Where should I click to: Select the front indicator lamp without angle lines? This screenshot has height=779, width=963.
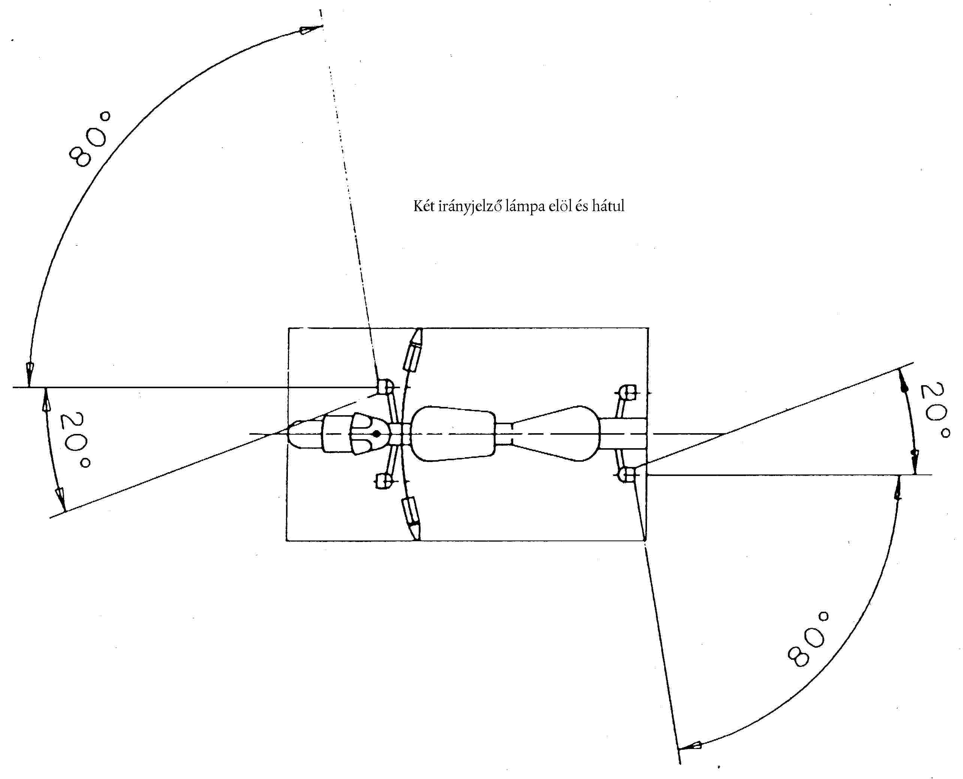click(x=383, y=480)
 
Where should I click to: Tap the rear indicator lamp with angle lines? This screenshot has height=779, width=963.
click(x=627, y=474)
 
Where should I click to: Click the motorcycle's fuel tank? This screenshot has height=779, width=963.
click(x=453, y=434)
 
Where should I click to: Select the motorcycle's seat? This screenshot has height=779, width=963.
click(x=556, y=434)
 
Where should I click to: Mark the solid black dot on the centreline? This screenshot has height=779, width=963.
click(x=377, y=434)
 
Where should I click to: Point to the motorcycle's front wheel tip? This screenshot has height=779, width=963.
click(x=288, y=434)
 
